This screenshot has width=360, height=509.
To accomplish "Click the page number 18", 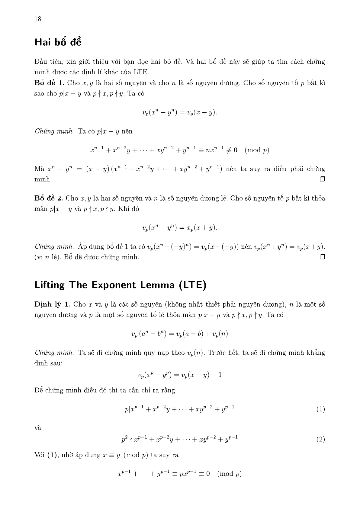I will [x=38, y=19].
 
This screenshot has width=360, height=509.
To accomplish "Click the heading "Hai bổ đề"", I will [x=58, y=42].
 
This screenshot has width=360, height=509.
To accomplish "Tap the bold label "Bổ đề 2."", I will [x=49, y=198].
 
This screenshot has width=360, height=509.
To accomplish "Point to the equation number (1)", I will [x=320, y=409].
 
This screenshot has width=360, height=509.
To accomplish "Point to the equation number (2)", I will [x=320, y=440].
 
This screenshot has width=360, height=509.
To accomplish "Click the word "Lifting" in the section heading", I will [x=50, y=285].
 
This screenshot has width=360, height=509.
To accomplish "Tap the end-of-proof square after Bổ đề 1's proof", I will [x=322, y=179].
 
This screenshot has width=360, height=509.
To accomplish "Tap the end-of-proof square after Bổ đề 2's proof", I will [x=322, y=257].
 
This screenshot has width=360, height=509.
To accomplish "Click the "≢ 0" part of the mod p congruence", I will [x=232, y=150].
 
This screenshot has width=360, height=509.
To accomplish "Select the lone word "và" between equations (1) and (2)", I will [x=38, y=428].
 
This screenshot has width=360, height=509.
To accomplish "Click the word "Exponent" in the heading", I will [x=114, y=285].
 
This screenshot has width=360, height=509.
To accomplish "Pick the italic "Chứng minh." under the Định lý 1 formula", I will [x=54, y=353].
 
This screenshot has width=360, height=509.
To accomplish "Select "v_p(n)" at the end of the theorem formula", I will [x=220, y=334].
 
